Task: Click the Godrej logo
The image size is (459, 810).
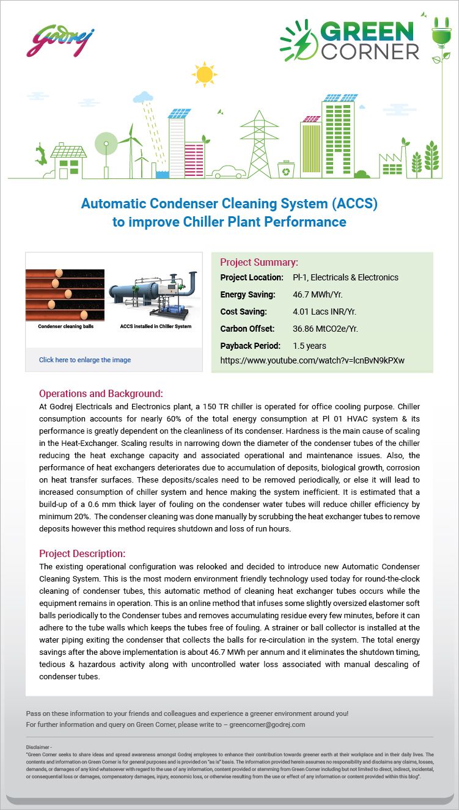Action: [60, 40]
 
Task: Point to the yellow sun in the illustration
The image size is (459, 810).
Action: [205, 74]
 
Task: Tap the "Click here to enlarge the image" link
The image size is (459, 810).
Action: [85, 360]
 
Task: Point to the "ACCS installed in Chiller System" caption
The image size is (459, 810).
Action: [155, 326]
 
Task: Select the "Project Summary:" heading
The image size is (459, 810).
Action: [259, 263]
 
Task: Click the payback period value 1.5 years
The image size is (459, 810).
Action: [310, 346]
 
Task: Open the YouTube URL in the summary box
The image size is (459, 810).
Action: [312, 360]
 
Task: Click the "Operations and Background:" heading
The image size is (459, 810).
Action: [101, 393]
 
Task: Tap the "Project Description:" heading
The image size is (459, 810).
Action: [82, 553]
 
